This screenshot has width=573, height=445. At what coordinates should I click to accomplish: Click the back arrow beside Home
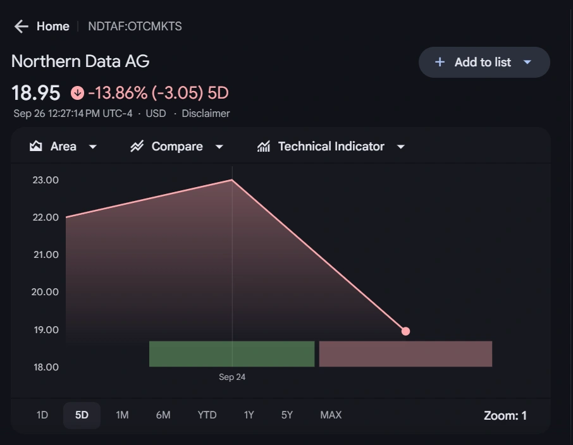click(21, 26)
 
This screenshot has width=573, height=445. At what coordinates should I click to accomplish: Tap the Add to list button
click(484, 62)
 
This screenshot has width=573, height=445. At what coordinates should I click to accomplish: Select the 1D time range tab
click(42, 415)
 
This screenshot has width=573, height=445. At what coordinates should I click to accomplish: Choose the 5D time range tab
click(82, 415)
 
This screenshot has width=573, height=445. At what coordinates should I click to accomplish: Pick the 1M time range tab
click(122, 415)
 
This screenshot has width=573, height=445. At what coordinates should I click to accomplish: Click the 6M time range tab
click(163, 415)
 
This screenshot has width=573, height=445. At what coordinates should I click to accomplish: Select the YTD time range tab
click(207, 415)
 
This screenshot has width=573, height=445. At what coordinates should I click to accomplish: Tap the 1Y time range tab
click(249, 415)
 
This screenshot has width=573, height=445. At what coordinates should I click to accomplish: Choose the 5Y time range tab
click(287, 415)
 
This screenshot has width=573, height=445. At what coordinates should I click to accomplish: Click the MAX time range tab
click(331, 415)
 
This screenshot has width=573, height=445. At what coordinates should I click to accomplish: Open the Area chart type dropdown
click(63, 147)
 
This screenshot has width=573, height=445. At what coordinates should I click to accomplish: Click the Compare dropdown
click(177, 147)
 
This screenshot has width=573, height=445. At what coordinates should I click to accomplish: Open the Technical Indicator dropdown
click(331, 147)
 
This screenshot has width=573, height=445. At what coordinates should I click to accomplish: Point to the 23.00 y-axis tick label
click(46, 180)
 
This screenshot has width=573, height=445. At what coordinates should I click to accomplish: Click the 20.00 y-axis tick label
click(46, 292)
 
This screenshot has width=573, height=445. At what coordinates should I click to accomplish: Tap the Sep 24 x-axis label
click(232, 377)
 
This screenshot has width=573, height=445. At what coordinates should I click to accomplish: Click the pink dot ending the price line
click(406, 331)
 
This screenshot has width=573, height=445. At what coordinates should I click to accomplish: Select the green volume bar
click(231, 354)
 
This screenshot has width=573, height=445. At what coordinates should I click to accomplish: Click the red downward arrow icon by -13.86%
click(77, 93)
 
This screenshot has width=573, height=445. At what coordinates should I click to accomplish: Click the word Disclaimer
click(206, 114)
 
